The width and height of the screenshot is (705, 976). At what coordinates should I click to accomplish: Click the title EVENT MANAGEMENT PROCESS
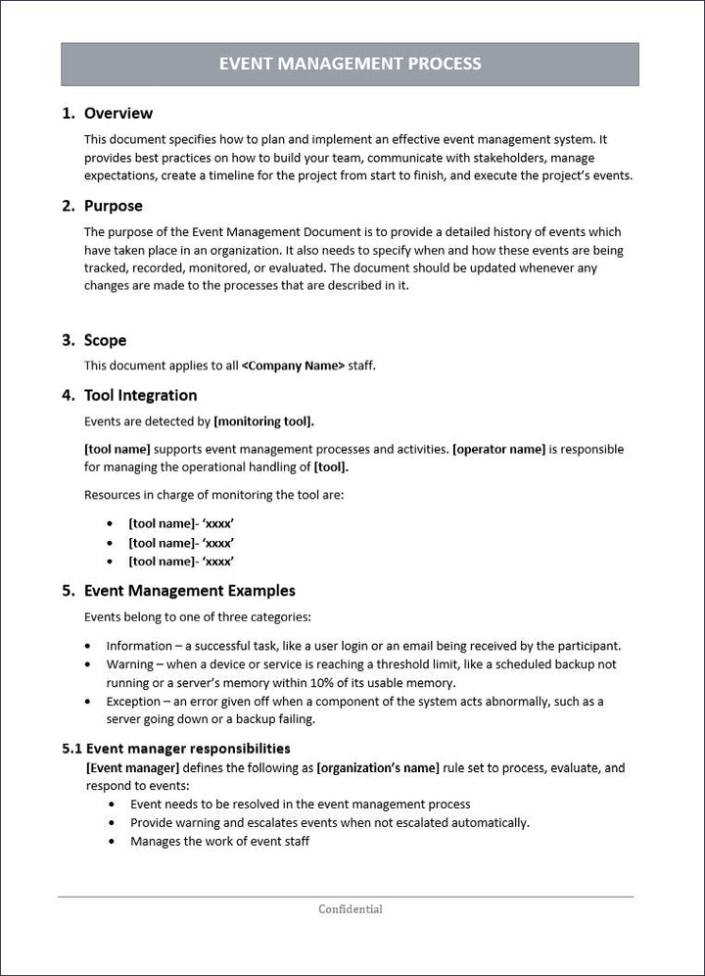[x=350, y=64]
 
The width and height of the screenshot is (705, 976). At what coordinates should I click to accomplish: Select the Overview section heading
[x=117, y=114]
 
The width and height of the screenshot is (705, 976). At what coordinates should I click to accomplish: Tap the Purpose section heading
[x=113, y=206]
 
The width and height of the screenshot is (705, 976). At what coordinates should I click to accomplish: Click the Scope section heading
[x=105, y=340]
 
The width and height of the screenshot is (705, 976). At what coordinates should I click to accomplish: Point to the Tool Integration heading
[x=140, y=395]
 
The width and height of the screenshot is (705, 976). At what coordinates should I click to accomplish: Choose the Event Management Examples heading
[x=189, y=591]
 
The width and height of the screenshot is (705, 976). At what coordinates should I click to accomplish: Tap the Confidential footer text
[x=350, y=909]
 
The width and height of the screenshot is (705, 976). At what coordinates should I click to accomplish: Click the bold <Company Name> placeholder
[x=293, y=366]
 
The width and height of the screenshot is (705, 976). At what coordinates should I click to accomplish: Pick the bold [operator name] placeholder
[x=498, y=449]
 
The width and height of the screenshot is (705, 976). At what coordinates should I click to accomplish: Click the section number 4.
[x=68, y=395]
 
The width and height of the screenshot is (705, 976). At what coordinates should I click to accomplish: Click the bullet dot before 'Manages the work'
[x=113, y=842]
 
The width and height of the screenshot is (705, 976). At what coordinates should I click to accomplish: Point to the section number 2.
[x=68, y=206]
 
